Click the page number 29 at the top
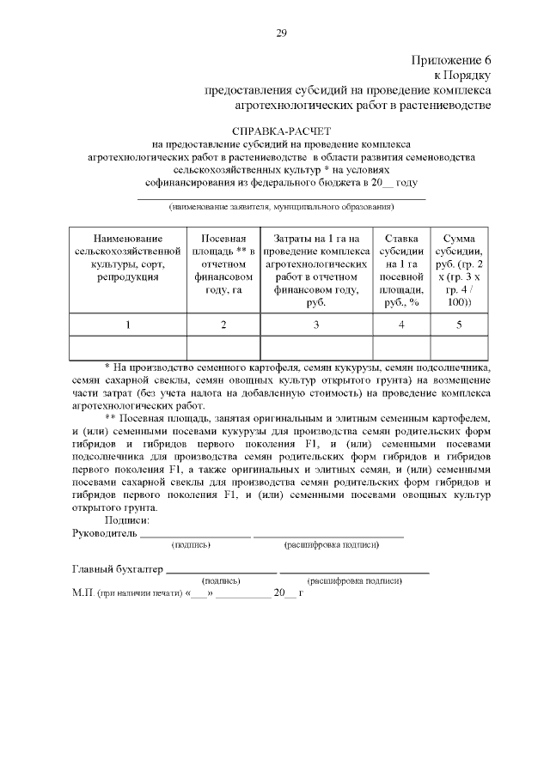(x=280, y=33)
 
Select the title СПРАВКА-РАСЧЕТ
(x=280, y=132)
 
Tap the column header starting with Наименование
(x=127, y=257)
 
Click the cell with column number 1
(x=127, y=325)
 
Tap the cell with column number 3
(x=316, y=325)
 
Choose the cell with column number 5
(x=459, y=325)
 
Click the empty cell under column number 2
(x=223, y=347)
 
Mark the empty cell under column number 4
(x=401, y=347)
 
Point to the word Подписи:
(x=127, y=520)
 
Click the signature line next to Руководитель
(x=195, y=536)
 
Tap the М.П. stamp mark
(x=83, y=592)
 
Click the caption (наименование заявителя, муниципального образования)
(x=281, y=207)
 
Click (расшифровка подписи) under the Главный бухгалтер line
(x=355, y=581)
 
